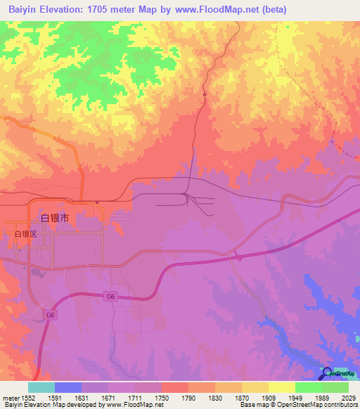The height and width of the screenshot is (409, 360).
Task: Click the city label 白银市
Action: click(x=56, y=219)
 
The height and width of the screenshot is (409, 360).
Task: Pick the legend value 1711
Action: click(x=135, y=397)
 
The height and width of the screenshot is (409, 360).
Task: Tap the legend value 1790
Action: click(x=188, y=397)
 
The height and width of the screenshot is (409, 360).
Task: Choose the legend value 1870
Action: click(x=241, y=397)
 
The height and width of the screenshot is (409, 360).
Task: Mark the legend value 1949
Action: click(x=295, y=397)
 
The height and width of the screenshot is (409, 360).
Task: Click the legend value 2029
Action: click(x=349, y=397)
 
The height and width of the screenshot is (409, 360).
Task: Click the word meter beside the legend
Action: click(x=9, y=397)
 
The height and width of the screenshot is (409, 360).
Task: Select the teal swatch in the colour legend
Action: click(x=41, y=387)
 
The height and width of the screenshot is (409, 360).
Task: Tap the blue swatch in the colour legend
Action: click(x=68, y=387)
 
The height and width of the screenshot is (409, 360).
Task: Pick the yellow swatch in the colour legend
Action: click(x=281, y=387)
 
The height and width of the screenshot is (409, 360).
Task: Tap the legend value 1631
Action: click(x=82, y=397)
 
